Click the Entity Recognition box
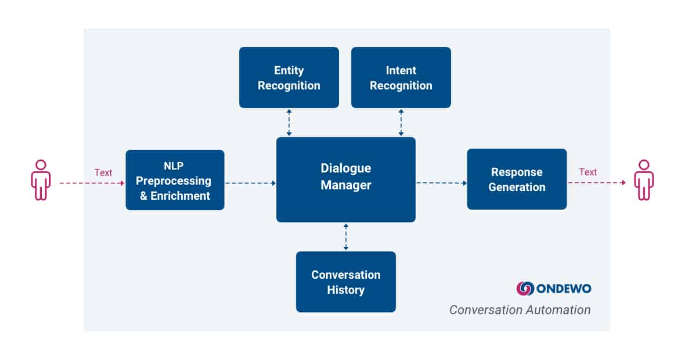click(289, 77)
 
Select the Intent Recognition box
click(401, 77)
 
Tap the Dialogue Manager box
click(346, 179)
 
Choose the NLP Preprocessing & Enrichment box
click(175, 180)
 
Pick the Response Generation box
click(517, 179)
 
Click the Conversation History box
click(346, 282)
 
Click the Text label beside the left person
click(103, 172)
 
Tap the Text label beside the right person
click(587, 172)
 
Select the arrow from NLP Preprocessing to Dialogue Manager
click(250, 183)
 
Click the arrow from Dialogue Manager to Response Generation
click(442, 183)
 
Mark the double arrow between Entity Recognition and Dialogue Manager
click(289, 123)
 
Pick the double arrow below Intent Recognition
click(401, 123)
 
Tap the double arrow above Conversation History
click(346, 237)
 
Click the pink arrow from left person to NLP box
click(92, 183)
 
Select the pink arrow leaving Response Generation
click(597, 183)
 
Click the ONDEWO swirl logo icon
click(525, 289)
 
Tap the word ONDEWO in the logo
click(564, 289)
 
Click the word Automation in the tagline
click(558, 309)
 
